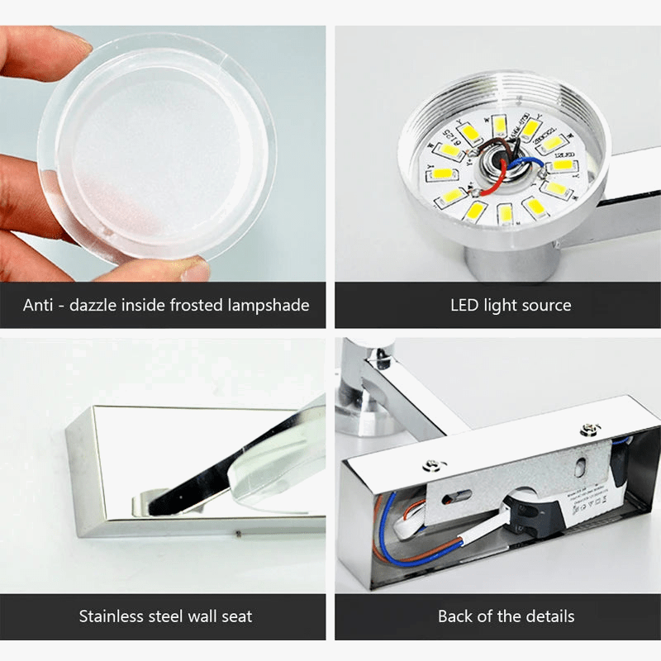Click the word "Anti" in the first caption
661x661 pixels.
click(x=39, y=305)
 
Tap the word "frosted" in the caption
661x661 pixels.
click(x=201, y=305)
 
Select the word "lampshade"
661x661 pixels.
click(x=270, y=305)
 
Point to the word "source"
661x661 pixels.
click(x=545, y=305)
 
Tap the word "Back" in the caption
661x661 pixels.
click(x=456, y=616)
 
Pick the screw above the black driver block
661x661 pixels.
click(x=589, y=429)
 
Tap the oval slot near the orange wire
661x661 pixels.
click(x=458, y=496)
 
